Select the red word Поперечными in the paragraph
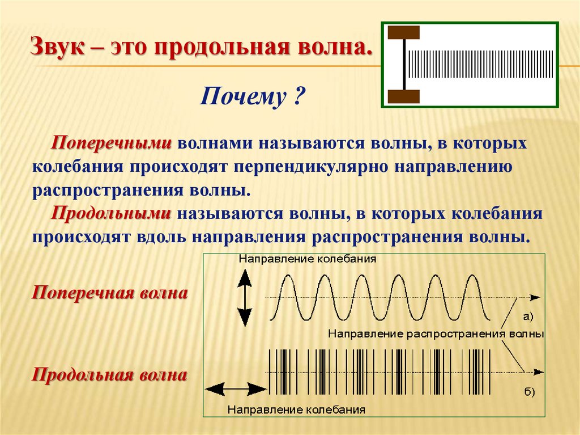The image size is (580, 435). point(112,143)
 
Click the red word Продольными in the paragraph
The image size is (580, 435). point(112,214)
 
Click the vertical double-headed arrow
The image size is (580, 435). point(244,297)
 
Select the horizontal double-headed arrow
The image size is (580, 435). point(236,388)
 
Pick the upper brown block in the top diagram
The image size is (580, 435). point(403,32)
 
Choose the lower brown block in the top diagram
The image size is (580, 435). point(403,96)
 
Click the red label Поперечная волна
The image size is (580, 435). point(109,294)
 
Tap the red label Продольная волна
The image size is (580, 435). point(109,375)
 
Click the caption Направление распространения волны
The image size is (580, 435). point(436,334)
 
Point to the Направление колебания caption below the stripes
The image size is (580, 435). point(296,409)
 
